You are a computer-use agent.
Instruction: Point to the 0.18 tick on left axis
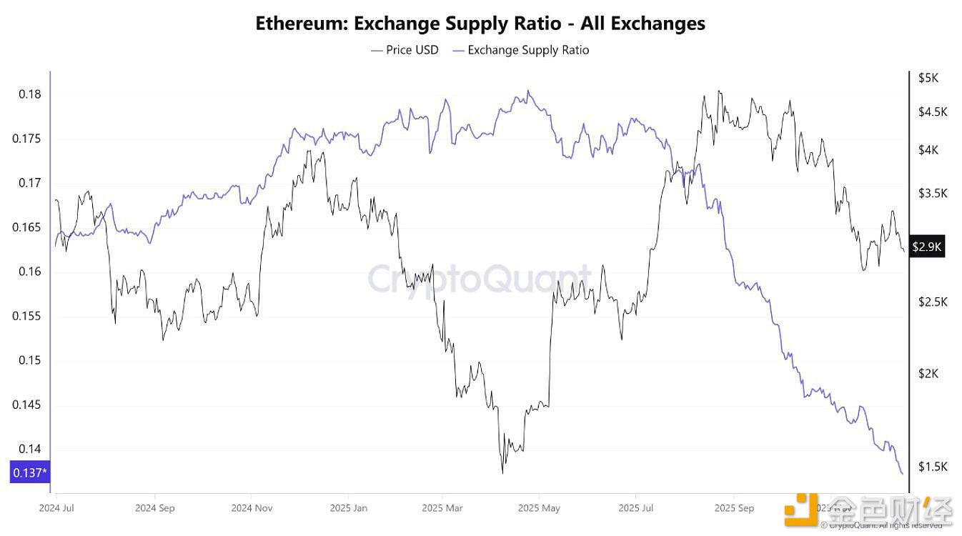pyautogui.click(x=29, y=94)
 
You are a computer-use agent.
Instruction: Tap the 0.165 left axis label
pyautogui.click(x=26, y=228)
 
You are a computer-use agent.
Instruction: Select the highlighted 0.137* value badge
pyautogui.click(x=29, y=472)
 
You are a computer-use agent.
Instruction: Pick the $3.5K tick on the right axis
pyautogui.click(x=933, y=193)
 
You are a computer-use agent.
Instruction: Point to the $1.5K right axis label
pyautogui.click(x=933, y=467)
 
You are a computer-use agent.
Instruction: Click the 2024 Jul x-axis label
pyautogui.click(x=57, y=508)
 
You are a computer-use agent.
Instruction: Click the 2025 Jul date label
pyautogui.click(x=636, y=508)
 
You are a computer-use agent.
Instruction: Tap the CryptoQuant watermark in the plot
pyautogui.click(x=479, y=278)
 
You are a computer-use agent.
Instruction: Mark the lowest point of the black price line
pyautogui.click(x=502, y=473)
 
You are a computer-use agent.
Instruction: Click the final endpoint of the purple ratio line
pyautogui.click(x=902, y=474)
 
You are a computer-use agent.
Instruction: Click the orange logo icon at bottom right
pyautogui.click(x=800, y=509)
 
